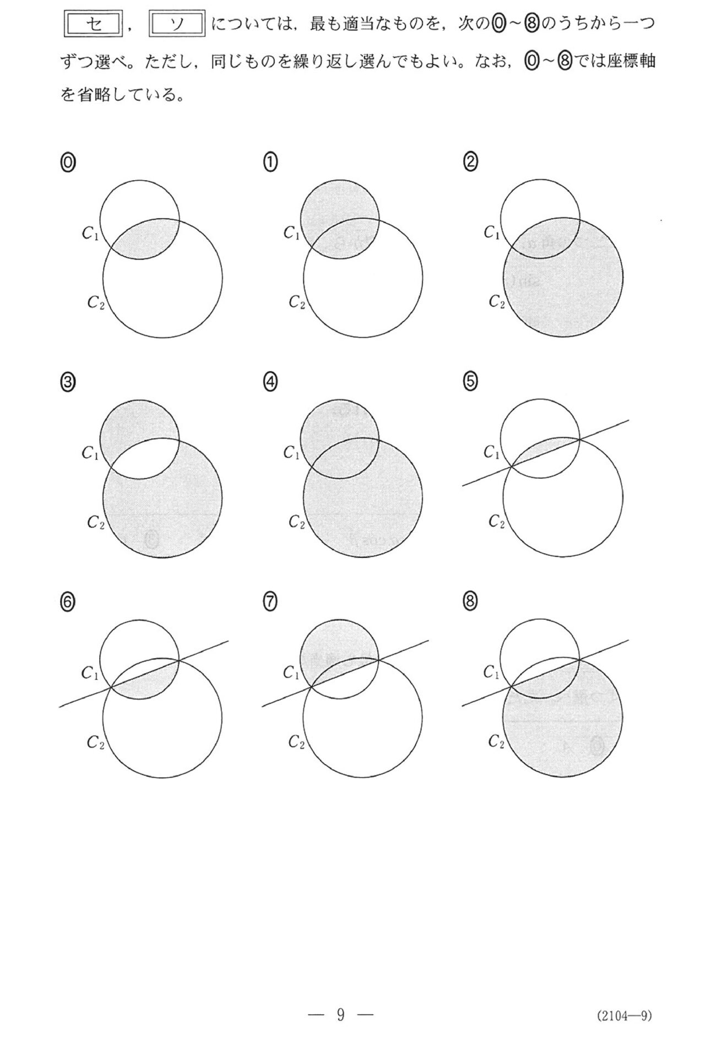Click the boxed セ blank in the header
click(x=93, y=25)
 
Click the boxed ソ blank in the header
click(x=177, y=25)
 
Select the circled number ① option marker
click(x=270, y=163)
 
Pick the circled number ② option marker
click(x=471, y=163)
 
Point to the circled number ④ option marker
click(x=270, y=382)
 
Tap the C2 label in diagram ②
click(x=497, y=302)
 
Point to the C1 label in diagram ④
click(x=291, y=453)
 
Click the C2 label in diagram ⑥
click(x=95, y=743)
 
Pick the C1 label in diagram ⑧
click(x=491, y=672)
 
